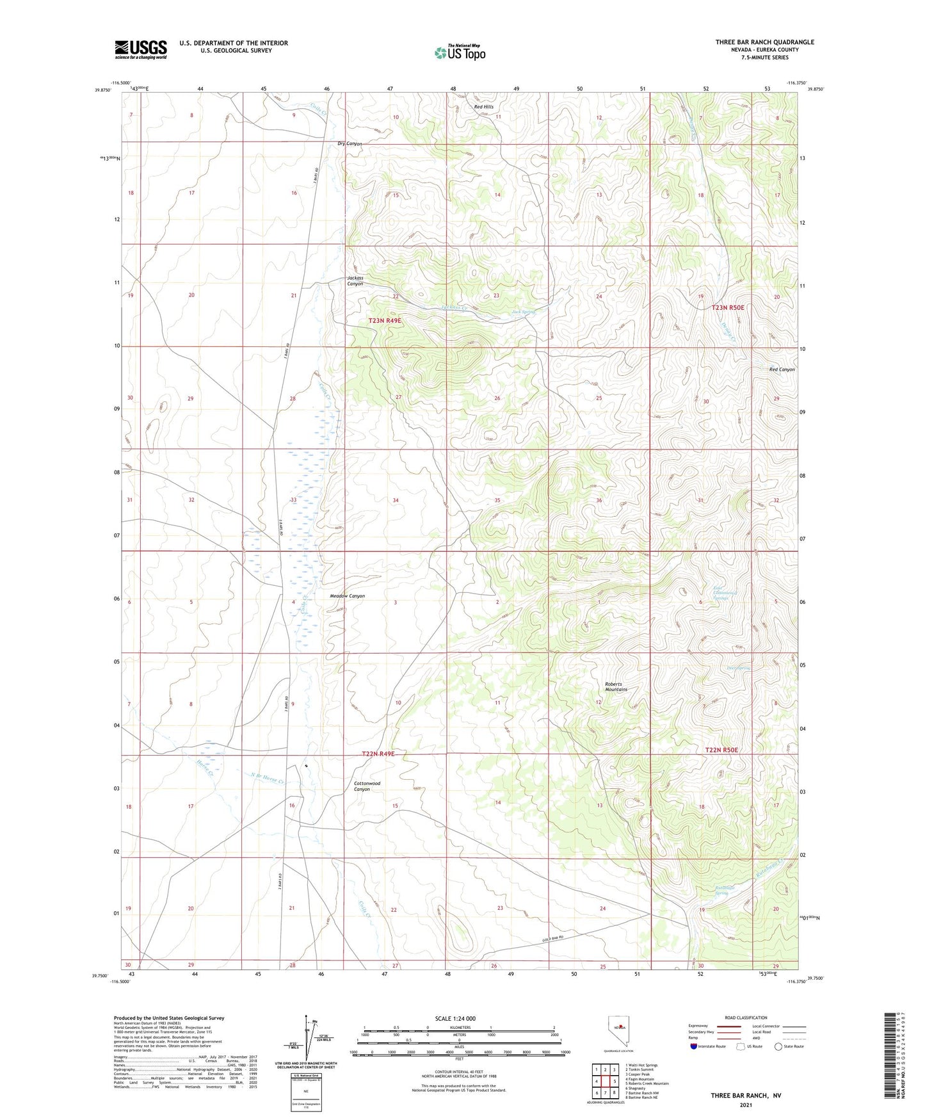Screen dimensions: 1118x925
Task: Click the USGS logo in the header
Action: pyautogui.click(x=140, y=49)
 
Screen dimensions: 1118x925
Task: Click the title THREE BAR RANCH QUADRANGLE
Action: pyautogui.click(x=764, y=42)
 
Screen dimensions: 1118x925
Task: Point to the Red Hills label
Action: pyautogui.click(x=483, y=107)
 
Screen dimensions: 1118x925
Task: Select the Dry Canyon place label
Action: pyautogui.click(x=350, y=144)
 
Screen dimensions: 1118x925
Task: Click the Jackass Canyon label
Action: pyautogui.click(x=355, y=280)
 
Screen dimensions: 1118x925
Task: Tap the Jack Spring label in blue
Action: pyautogui.click(x=523, y=312)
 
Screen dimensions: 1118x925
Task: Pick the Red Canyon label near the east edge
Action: pyautogui.click(x=782, y=369)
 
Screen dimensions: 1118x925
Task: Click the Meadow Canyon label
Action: pyautogui.click(x=347, y=596)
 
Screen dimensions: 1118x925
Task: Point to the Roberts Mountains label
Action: pyautogui.click(x=616, y=686)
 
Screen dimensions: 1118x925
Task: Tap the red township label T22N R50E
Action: pyautogui.click(x=721, y=750)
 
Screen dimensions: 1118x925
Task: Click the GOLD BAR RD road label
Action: pyautogui.click(x=553, y=939)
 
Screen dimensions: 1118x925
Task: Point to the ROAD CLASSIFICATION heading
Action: pyautogui.click(x=746, y=1017)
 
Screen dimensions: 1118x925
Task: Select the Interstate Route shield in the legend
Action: pyautogui.click(x=695, y=1047)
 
